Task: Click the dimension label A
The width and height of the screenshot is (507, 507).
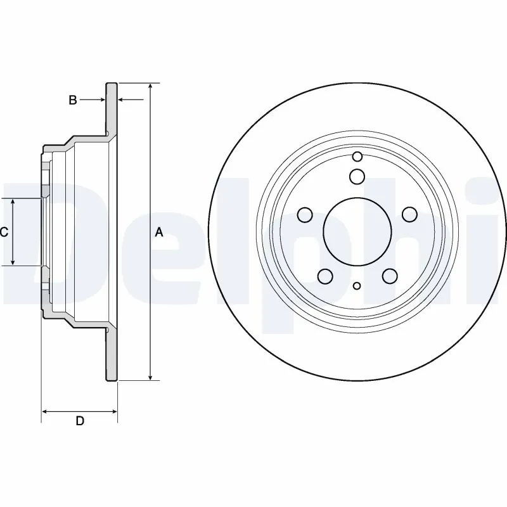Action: pos(159,233)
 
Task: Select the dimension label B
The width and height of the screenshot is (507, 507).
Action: pos(73,99)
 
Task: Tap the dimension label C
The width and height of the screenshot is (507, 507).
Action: pos(4,233)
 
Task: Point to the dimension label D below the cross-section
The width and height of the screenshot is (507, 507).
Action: pos(80,421)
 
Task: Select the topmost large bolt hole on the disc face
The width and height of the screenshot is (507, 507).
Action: pos(357,176)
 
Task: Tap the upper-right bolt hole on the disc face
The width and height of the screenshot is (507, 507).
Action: pos(409,215)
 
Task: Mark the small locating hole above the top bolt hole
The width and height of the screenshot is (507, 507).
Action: pos(357,157)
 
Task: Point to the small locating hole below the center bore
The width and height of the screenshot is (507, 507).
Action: pos(357,286)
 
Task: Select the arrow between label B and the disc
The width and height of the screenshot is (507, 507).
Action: pos(95,99)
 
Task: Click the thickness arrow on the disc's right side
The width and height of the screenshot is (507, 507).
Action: pos(127,99)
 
